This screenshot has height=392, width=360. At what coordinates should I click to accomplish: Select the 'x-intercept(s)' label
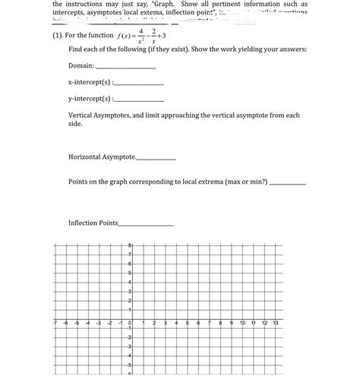click(x=89, y=81)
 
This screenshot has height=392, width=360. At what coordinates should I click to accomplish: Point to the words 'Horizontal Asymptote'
click(x=101, y=156)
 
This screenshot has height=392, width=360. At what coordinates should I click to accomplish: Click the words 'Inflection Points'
click(x=93, y=223)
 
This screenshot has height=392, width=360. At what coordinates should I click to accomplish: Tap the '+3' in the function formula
click(x=170, y=35)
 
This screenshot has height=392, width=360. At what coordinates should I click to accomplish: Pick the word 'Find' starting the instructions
click(x=75, y=49)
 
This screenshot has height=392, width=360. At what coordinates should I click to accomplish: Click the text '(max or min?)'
click(x=241, y=182)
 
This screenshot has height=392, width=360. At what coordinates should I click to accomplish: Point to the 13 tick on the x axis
click(x=276, y=323)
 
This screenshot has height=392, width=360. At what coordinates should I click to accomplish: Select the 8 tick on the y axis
click(x=130, y=245)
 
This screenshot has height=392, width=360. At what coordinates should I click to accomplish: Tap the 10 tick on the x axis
click(x=242, y=323)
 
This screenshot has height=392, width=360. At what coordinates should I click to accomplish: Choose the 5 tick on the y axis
click(x=130, y=272)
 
